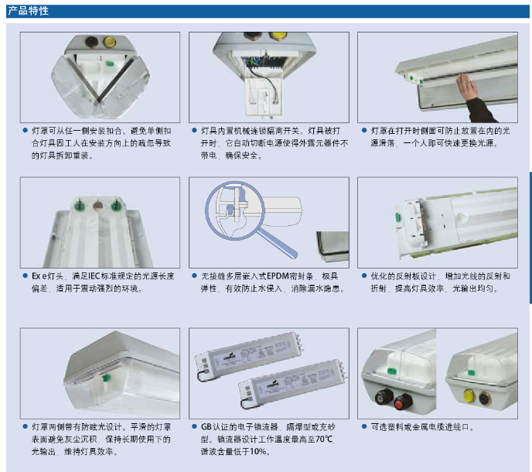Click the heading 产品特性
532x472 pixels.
pos(28,11)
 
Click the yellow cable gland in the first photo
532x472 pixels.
pos(110,42)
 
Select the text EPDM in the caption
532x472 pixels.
pos(278,276)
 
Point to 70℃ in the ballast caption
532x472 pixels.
pos(324,439)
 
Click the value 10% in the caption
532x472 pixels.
pos(257,452)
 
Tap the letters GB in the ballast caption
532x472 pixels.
pos(206,427)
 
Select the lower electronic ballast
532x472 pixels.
pos(292,384)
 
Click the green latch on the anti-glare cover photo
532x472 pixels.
pos(106,378)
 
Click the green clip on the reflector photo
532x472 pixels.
pos(397,217)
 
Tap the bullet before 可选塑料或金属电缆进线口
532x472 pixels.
pos(364,426)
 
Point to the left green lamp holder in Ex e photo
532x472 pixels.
pos(80,205)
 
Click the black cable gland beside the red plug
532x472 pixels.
pos(384,396)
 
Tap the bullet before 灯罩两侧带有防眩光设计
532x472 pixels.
pos(25,426)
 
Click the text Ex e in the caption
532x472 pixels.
pos(39,276)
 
